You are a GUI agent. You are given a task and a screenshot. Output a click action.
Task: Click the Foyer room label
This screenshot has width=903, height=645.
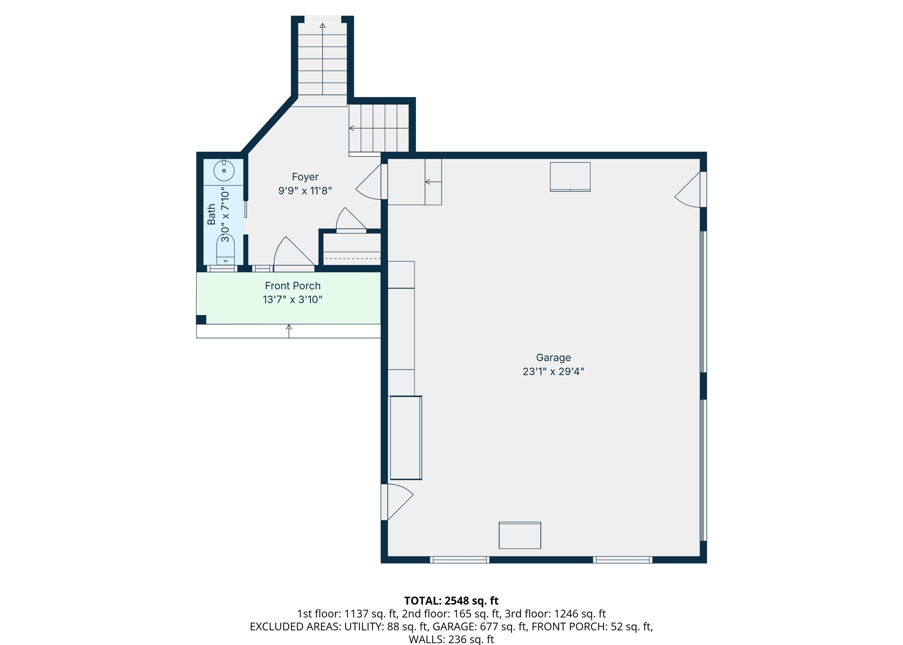tap(305, 177)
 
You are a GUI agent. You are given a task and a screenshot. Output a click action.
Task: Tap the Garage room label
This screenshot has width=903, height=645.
tap(553, 358)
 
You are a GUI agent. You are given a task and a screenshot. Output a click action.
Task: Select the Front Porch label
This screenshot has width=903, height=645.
tap(293, 286)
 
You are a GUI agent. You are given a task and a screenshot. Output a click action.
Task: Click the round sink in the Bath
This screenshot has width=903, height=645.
tap(224, 171)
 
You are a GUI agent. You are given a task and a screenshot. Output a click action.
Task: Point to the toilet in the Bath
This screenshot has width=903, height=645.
tap(225, 250)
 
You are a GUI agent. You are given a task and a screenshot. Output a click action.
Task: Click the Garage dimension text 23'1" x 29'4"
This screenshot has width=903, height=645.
tap(553, 372)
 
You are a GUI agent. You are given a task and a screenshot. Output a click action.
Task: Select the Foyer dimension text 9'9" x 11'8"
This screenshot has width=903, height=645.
tap(305, 190)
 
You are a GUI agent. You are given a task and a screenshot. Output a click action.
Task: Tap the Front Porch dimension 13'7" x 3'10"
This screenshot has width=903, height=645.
tap(293, 300)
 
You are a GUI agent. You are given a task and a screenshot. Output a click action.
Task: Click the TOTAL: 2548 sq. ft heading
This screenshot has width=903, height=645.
tap(451, 600)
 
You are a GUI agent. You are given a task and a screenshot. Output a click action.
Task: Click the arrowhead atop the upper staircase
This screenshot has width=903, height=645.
tap(323, 26)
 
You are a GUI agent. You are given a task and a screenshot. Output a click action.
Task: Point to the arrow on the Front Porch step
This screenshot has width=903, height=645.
tap(289, 331)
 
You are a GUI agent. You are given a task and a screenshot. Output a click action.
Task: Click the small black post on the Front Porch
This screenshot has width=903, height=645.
tap(201, 320)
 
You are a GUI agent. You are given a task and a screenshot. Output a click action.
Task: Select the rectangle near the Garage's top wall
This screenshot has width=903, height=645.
tap(570, 177)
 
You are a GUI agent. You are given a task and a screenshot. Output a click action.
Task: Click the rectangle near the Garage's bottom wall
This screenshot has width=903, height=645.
tap(520, 535)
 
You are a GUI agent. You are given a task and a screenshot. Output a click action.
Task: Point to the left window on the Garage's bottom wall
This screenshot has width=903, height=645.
tap(459, 560)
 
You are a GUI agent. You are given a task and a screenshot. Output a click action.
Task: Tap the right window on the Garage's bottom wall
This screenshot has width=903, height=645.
tap(623, 560)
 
